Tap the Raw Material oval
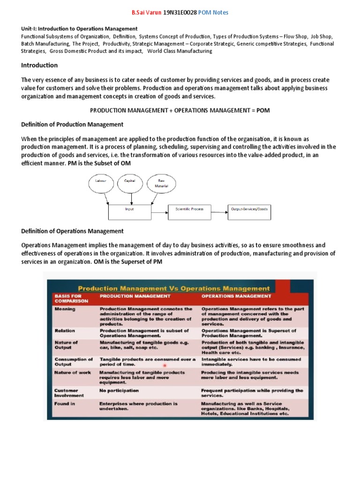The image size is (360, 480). point(161,183)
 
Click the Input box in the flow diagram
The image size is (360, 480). point(129,210)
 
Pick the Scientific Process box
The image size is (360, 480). point(189,210)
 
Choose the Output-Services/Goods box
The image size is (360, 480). point(249,210)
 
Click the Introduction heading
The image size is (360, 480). point(39,65)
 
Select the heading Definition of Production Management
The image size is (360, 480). point(73,124)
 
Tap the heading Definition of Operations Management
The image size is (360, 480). point(73,231)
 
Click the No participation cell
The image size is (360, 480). point(119,390)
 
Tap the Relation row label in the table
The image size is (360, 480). point(65,330)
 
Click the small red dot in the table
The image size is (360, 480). point(165,365)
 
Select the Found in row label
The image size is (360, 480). point(65,404)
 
